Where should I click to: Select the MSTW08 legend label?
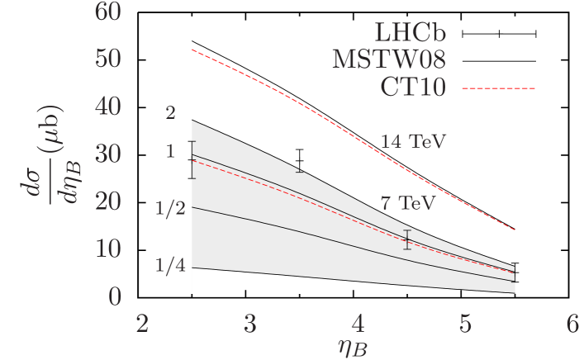(389, 59)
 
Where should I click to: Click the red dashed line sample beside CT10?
(498, 88)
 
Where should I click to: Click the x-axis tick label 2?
(143, 324)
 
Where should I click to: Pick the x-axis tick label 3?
(249, 324)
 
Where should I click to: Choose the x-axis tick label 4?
(357, 324)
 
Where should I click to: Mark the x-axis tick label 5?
(463, 324)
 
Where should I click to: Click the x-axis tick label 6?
(571, 324)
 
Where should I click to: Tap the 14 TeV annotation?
(413, 142)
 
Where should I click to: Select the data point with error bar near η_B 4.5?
(407, 239)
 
